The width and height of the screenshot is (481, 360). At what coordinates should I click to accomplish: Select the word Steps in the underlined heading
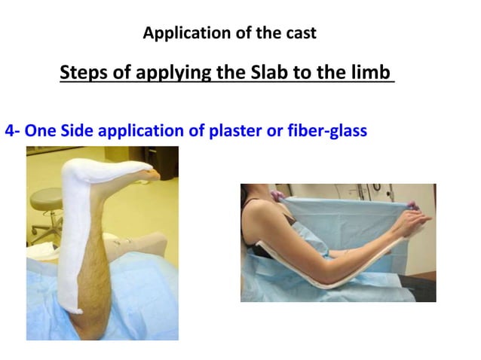[84, 73]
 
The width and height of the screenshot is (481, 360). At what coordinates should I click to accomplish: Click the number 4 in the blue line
[10, 131]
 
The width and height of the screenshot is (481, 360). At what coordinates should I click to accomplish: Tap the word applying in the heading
[171, 73]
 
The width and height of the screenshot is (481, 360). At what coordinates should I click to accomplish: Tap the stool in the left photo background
[45, 203]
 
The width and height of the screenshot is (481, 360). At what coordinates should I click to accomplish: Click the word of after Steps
[124, 73]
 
